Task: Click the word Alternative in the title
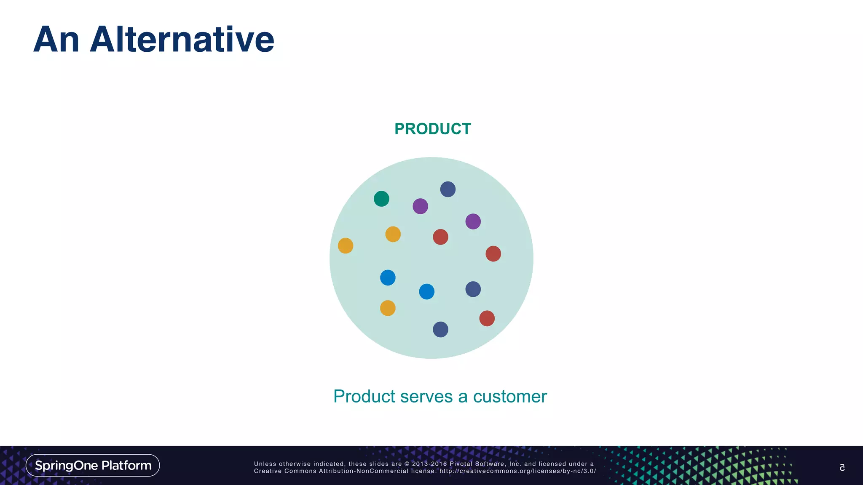(182, 40)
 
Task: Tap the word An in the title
(56, 40)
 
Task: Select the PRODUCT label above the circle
(432, 129)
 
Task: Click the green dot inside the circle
(381, 199)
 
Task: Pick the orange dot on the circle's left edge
(346, 246)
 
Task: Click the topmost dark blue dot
(448, 189)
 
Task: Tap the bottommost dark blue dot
(440, 330)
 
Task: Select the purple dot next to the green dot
(420, 206)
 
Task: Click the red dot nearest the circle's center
(440, 237)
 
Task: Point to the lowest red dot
(487, 318)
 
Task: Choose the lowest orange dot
(388, 308)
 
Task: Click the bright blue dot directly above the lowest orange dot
(388, 278)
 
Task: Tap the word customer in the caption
(510, 397)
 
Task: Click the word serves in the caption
(426, 397)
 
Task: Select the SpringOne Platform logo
(93, 465)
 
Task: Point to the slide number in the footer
(842, 467)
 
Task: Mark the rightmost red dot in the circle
(493, 254)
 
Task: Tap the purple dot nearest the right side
(473, 221)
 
